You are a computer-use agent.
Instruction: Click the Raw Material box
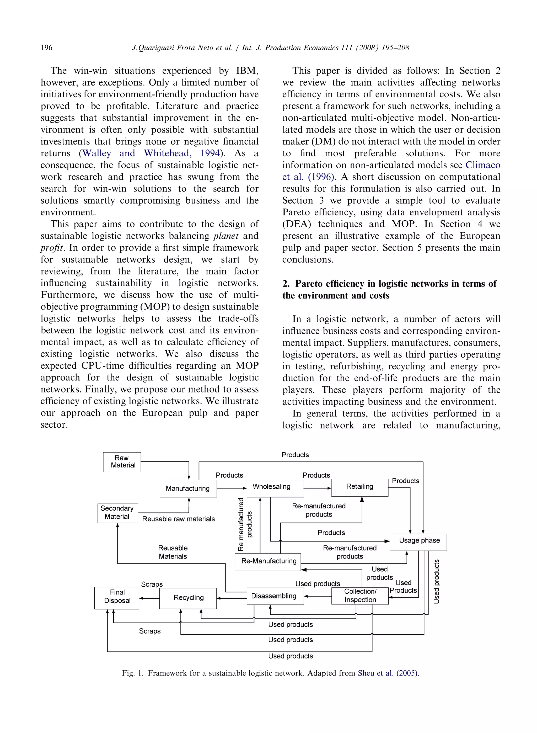click(x=122, y=462)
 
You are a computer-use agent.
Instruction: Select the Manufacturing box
click(x=188, y=488)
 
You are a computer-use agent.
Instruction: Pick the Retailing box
click(x=359, y=487)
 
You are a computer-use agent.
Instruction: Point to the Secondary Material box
click(x=117, y=513)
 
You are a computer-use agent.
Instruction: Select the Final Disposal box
click(x=117, y=598)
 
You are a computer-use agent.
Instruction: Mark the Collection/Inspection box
click(x=359, y=596)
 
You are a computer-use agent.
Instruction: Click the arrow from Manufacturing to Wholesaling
click(x=232, y=488)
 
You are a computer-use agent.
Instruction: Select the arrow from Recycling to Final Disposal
click(x=149, y=598)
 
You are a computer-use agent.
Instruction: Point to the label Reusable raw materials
click(x=179, y=519)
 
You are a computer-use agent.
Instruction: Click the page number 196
click(x=46, y=48)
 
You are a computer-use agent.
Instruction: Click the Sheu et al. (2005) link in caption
click(x=388, y=673)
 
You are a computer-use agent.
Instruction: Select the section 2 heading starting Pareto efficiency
click(x=389, y=289)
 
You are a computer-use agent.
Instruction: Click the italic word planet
click(x=226, y=236)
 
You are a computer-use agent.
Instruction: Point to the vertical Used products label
click(x=437, y=581)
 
